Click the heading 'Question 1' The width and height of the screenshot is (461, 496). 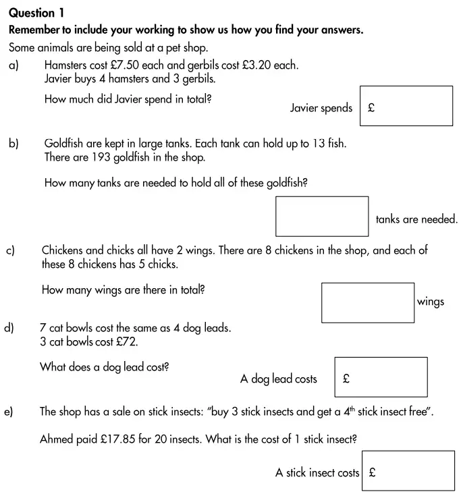(x=38, y=12)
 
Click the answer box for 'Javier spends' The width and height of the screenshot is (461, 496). (x=406, y=106)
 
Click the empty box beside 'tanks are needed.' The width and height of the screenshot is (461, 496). (x=322, y=216)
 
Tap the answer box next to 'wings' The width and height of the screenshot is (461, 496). (x=367, y=302)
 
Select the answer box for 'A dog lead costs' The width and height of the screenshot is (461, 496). (x=381, y=377)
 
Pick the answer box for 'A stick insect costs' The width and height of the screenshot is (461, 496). (x=408, y=470)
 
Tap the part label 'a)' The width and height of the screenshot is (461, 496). (x=13, y=65)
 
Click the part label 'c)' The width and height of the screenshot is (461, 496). (x=11, y=251)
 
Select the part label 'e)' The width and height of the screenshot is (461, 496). (x=9, y=411)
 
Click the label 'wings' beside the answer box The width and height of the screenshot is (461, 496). (x=431, y=302)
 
